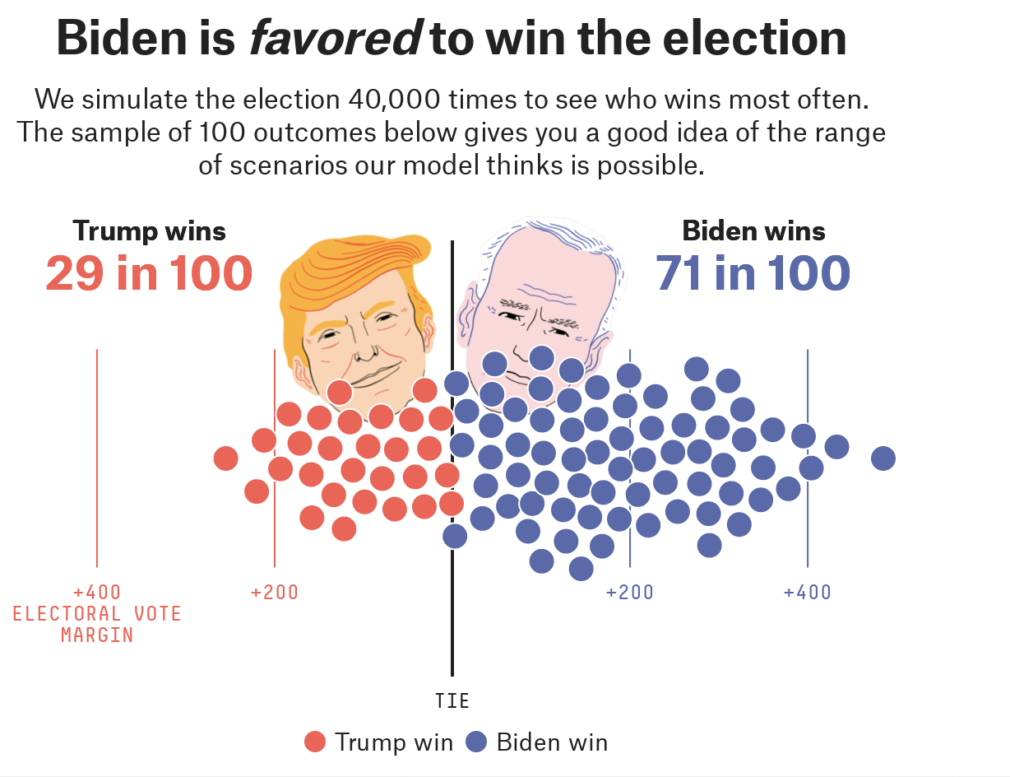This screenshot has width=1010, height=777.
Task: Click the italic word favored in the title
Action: point(335,38)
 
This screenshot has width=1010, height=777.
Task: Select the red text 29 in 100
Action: point(149,273)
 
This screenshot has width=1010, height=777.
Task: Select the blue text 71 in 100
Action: point(753,273)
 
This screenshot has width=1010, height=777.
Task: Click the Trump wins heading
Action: point(149,231)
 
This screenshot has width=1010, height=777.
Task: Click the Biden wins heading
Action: point(753,231)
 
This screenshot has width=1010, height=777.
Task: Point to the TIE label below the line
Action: point(452,701)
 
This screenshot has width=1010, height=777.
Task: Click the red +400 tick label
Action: point(97,593)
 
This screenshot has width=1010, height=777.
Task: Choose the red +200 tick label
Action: point(275,593)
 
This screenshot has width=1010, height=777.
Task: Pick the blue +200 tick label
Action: point(629,593)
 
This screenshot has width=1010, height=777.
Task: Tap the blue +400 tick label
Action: point(807,593)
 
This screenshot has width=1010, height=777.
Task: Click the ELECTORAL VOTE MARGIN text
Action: point(97,624)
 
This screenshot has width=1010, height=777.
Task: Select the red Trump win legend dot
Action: point(315,742)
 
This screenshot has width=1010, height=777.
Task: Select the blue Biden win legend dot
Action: point(477,742)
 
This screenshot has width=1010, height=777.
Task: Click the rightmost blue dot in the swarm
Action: point(883,458)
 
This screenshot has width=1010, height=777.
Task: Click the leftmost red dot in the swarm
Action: point(225,458)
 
